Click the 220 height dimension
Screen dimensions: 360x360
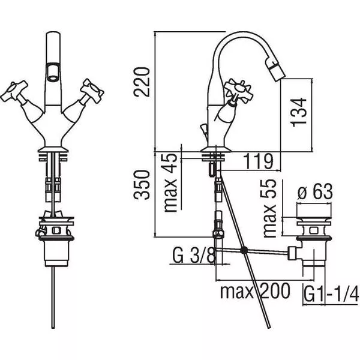coord(142,82)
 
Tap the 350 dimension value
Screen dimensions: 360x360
coord(142,185)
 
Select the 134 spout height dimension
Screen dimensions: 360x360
coord(299,112)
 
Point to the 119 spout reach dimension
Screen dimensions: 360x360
coord(258,161)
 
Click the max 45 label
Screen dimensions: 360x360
coord(170,183)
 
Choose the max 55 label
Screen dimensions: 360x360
coord(269,208)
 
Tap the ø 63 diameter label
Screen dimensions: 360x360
coord(315,191)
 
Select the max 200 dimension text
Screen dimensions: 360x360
coord(255,291)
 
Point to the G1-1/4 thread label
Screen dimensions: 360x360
coord(331,293)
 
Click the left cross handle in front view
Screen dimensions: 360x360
coord(14,91)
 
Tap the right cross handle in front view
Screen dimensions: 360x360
coord(92,90)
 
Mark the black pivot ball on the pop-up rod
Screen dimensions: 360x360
coord(244,250)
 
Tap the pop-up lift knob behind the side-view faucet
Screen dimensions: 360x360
coord(203,128)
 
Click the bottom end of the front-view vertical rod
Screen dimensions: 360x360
coord(53,328)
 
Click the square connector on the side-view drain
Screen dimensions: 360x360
coord(293,253)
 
